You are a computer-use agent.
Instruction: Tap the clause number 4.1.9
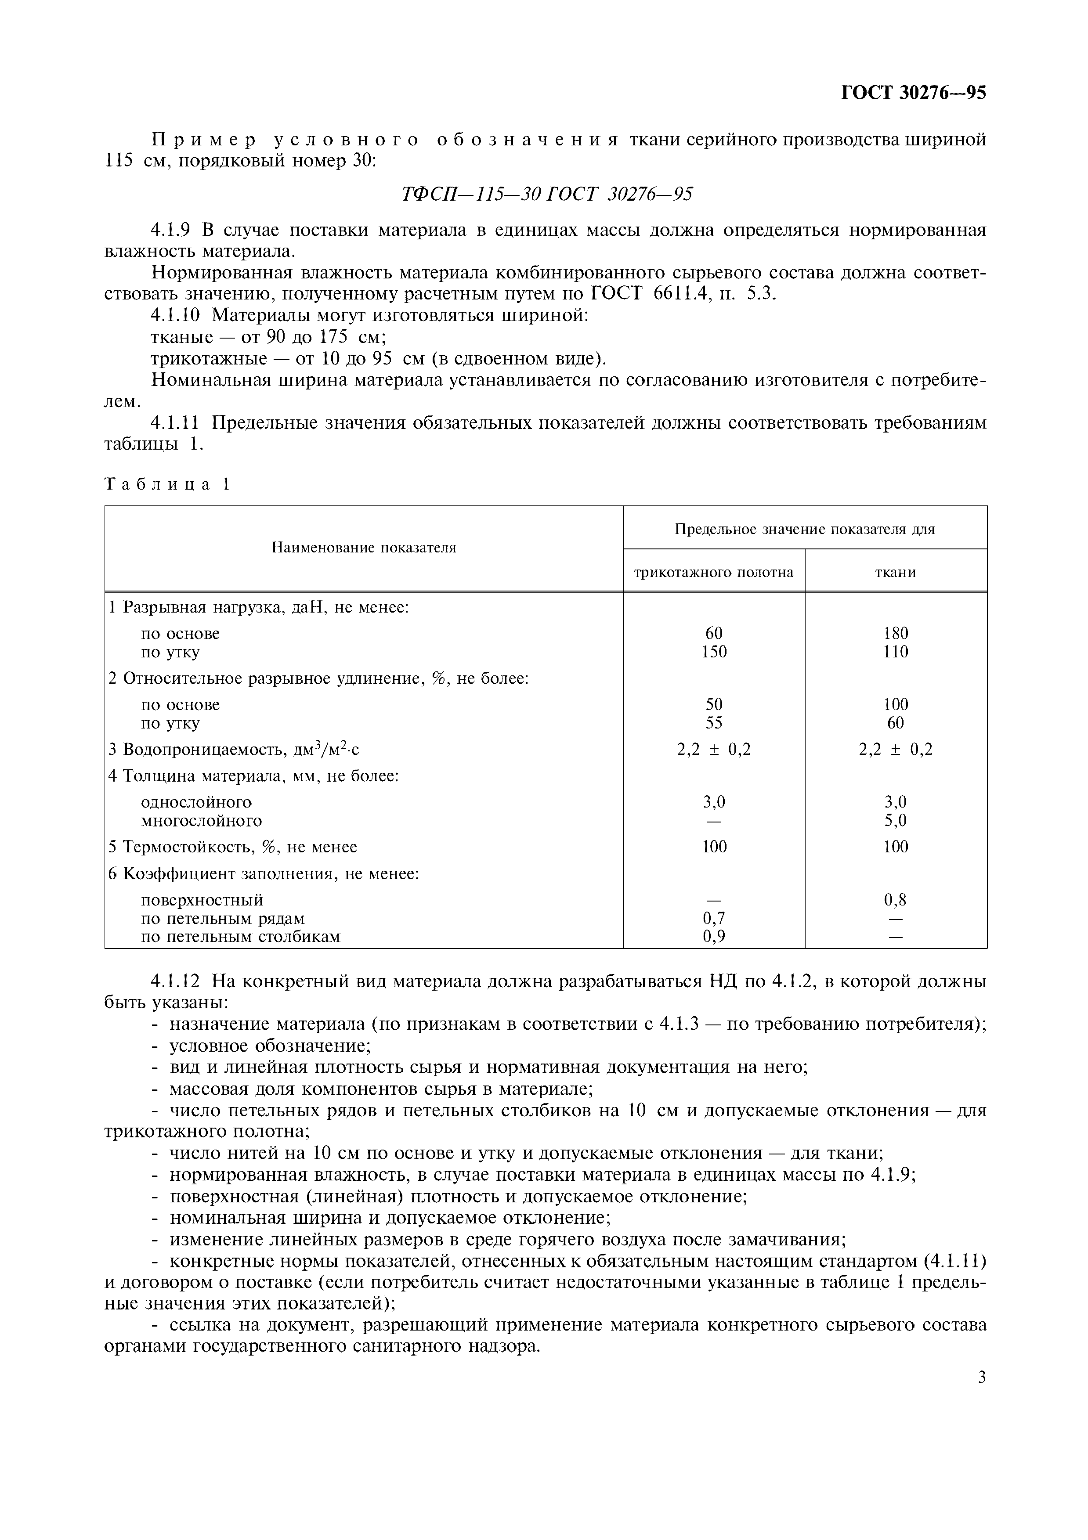170,230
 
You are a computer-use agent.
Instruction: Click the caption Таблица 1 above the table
168,484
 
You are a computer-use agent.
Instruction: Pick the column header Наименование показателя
364,548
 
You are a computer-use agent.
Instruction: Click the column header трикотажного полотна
714,572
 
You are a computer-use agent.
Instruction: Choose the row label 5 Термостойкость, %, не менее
233,847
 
